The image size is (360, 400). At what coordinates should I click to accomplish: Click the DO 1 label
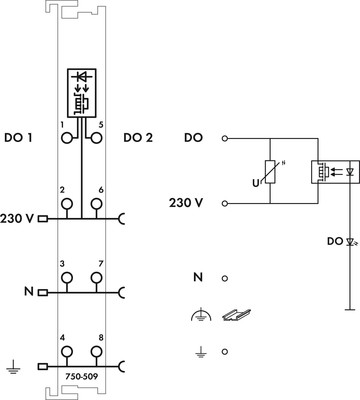coord(18,136)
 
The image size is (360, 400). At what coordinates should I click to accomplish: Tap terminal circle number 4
coord(67,352)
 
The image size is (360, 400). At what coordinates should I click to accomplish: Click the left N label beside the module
coord(28,293)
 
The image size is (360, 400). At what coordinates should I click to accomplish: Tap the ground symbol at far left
coord(13,369)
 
